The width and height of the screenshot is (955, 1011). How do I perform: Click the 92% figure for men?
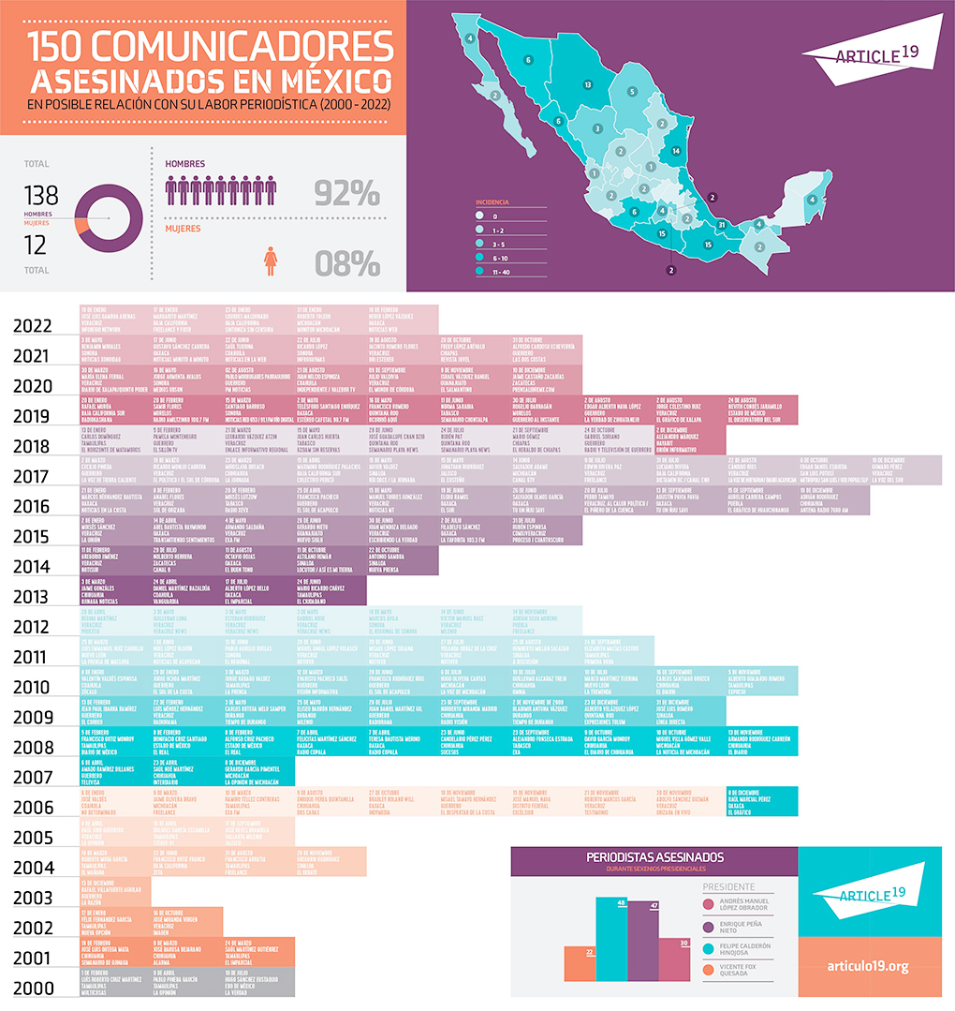click(x=345, y=193)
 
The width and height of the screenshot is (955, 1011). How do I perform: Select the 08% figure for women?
click(x=347, y=263)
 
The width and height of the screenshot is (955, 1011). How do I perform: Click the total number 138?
click(x=40, y=195)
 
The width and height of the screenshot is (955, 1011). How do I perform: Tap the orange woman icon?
click(x=271, y=260)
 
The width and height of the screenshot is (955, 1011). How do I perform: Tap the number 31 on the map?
click(x=721, y=225)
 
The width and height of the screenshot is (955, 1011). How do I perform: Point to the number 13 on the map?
click(x=587, y=84)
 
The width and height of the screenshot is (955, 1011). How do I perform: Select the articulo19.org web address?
click(x=867, y=965)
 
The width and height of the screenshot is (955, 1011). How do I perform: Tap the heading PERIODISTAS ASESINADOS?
click(x=654, y=856)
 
